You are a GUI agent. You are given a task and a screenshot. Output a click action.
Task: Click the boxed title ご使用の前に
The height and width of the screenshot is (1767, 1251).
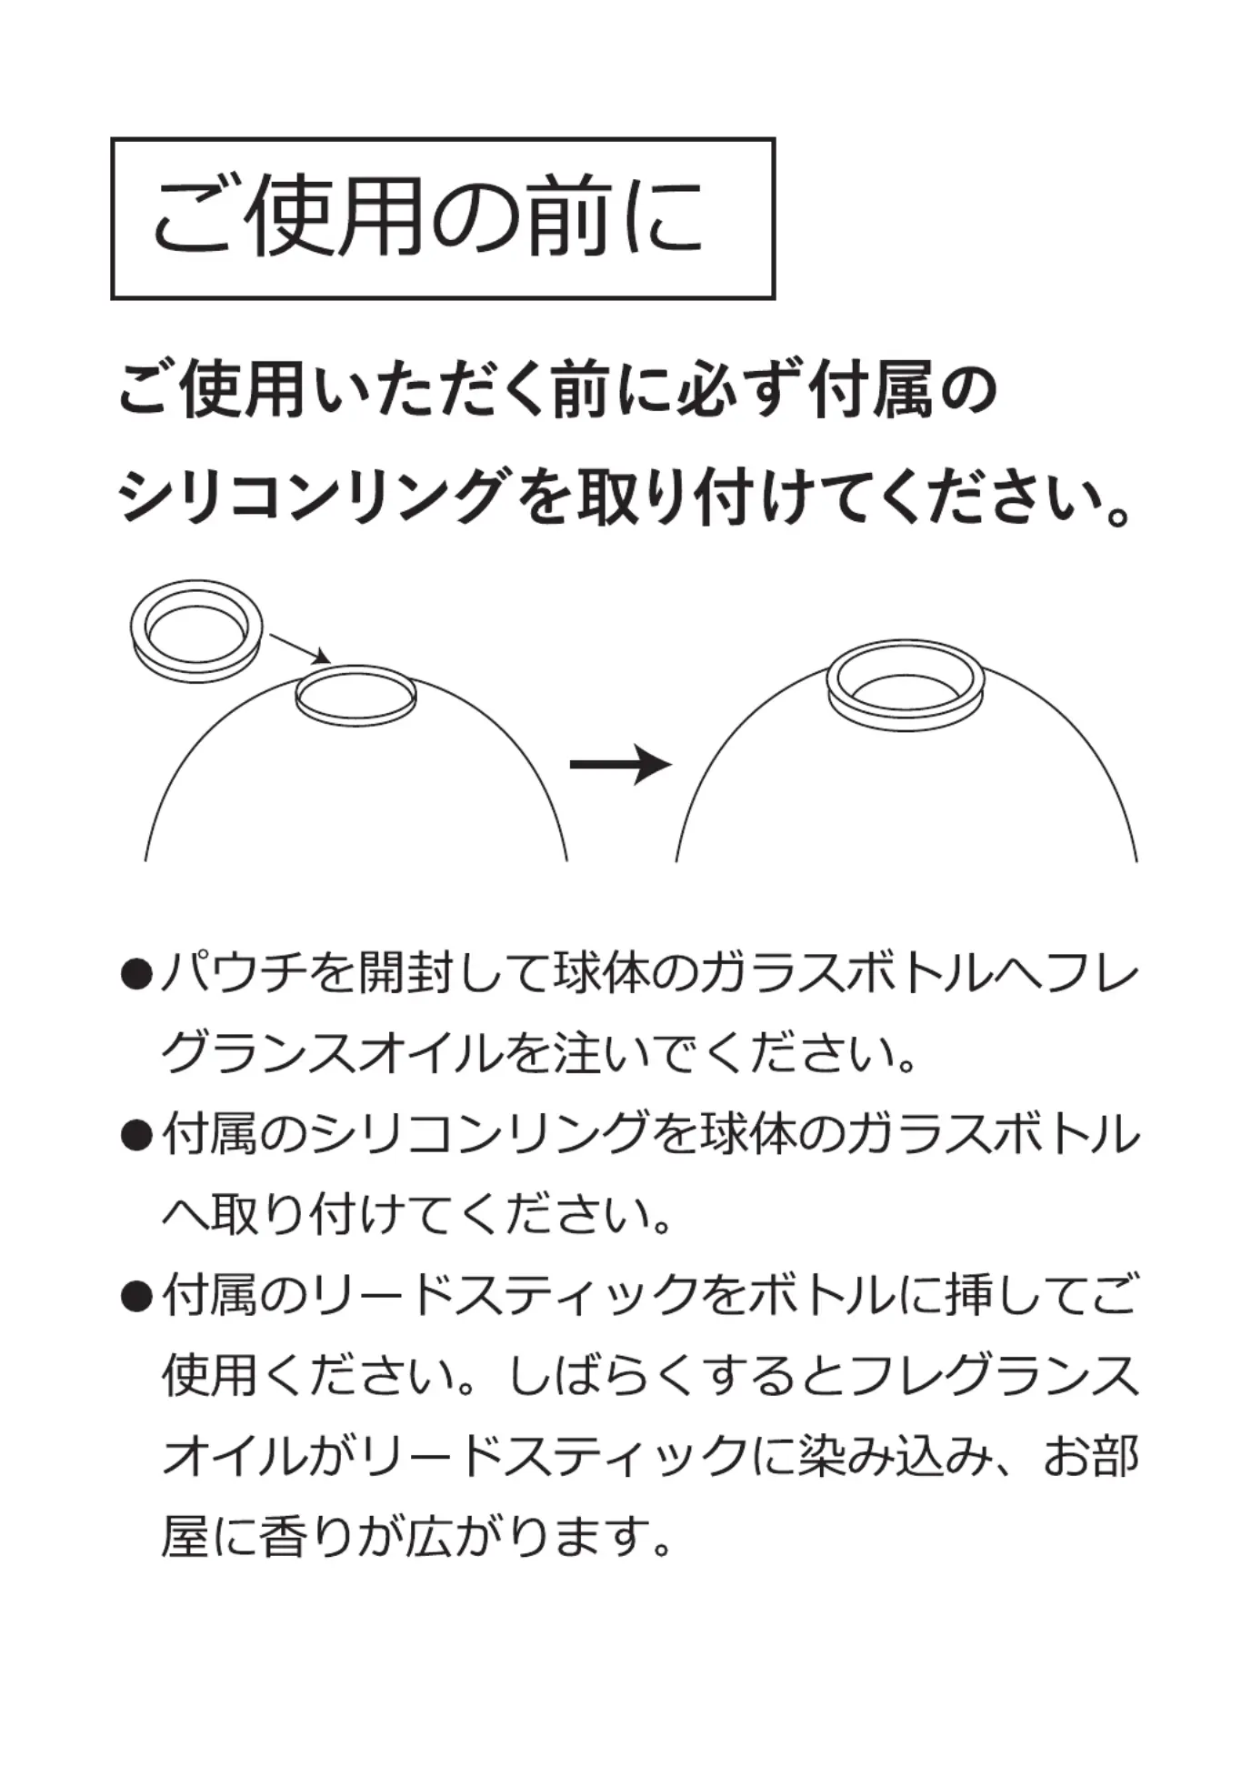pos(428,217)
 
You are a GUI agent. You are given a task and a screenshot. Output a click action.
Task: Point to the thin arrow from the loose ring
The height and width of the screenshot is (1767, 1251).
pos(300,648)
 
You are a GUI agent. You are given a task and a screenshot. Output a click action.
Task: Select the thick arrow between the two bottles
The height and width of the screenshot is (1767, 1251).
pos(621,764)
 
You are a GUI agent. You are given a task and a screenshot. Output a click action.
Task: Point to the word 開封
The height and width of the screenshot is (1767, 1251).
pos(405,974)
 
